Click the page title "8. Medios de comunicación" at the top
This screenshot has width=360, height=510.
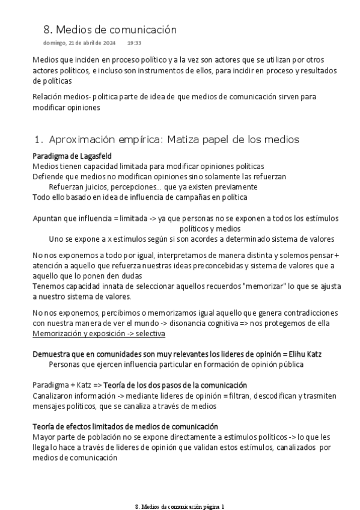[110, 29]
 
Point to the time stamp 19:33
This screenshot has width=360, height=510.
[135, 43]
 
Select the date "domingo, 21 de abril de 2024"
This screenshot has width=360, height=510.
[79, 43]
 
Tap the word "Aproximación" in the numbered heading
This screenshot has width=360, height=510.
[90, 140]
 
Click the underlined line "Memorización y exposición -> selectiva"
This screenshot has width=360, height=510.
[99, 333]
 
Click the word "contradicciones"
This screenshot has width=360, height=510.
[309, 313]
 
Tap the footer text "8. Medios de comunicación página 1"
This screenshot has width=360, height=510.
[180, 506]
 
